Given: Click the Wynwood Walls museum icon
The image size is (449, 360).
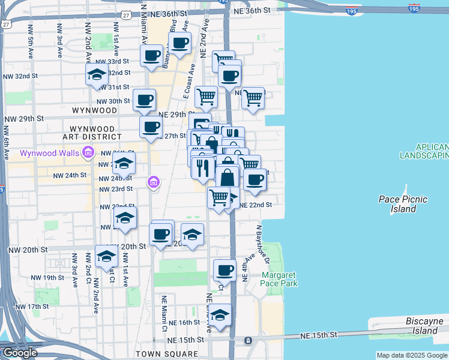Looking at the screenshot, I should click(88, 152).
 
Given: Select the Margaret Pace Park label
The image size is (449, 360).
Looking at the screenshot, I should click(279, 279).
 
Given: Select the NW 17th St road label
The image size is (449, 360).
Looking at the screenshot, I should click(32, 307).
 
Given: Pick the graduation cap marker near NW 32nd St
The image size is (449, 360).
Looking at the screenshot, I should click(96, 75).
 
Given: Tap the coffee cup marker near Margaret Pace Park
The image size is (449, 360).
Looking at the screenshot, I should click(224, 269).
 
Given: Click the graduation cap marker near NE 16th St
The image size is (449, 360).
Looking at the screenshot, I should click(220, 314).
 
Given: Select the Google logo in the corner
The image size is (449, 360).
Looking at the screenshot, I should click(20, 353).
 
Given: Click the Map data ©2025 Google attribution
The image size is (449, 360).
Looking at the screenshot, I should click(411, 356).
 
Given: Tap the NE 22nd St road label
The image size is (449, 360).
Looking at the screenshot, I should click(256, 205).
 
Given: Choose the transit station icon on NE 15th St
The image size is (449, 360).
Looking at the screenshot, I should click(248, 341).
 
